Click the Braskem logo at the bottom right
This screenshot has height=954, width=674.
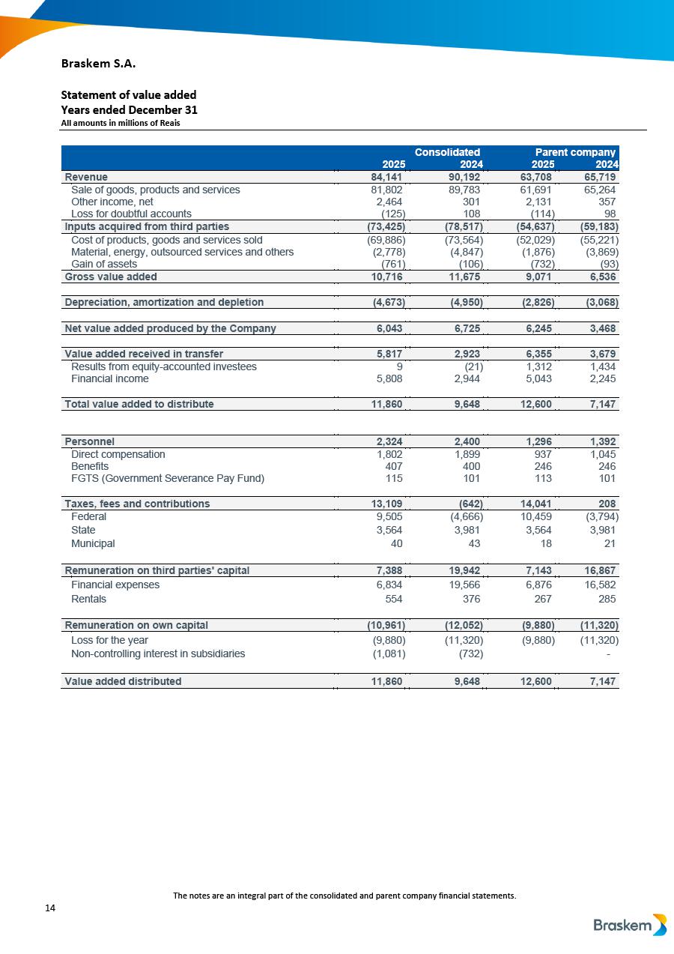[x=629, y=926]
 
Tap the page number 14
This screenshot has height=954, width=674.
[x=50, y=908]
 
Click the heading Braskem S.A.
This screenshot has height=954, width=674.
[x=98, y=63]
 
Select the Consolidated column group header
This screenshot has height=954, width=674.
[x=447, y=152]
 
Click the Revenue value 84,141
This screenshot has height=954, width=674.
[x=387, y=177]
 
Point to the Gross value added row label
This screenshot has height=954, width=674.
[x=111, y=277]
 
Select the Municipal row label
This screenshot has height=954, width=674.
[x=93, y=543]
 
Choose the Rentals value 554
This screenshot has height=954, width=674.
[x=393, y=599]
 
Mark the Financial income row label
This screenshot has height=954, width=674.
[x=109, y=378]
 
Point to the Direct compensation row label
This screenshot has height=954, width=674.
[x=118, y=454]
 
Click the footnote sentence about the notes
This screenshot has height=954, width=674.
[x=344, y=896]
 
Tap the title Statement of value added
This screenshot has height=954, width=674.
[x=128, y=94]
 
